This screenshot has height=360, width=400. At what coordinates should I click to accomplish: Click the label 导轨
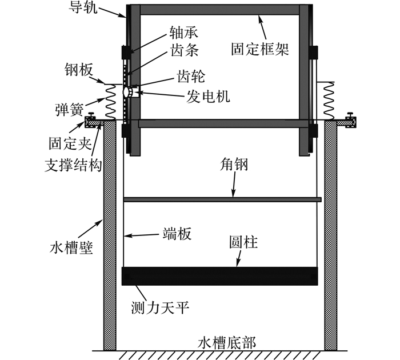tap(83, 7)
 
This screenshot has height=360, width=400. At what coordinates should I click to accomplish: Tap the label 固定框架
tap(260, 49)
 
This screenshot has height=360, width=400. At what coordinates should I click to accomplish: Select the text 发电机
tap(208, 96)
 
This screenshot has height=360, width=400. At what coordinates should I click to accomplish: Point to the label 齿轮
tap(191, 77)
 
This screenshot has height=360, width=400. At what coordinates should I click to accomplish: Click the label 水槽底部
tap(227, 343)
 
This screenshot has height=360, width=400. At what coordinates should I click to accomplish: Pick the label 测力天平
tap(160, 308)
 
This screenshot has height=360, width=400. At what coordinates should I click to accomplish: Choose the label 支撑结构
tap(73, 165)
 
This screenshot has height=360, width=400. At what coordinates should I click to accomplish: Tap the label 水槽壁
tap(71, 248)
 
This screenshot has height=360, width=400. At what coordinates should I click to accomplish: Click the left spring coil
tap(111, 102)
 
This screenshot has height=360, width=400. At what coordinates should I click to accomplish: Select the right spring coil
tap(329, 101)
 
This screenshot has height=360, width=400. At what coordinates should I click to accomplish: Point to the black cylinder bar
tap(220, 276)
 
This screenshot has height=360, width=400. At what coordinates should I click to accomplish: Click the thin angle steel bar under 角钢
tap(222, 199)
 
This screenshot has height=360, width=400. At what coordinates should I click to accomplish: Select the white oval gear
tap(126, 92)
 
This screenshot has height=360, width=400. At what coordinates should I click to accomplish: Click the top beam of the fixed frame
tap(220, 10)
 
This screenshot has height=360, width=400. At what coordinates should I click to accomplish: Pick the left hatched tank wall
tap(110, 235)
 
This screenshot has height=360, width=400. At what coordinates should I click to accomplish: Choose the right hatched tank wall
tap(331, 235)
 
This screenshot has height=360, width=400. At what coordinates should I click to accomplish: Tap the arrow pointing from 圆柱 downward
tap(239, 258)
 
